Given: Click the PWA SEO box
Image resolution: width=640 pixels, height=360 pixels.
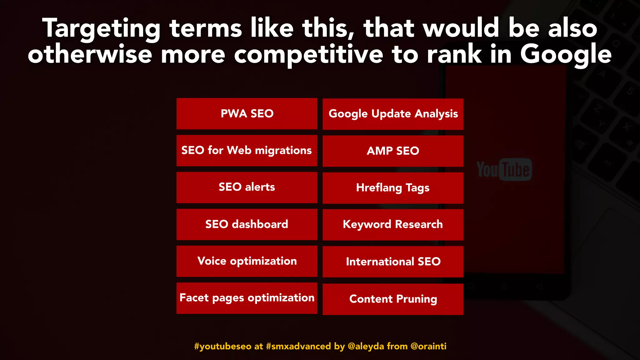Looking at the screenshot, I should pos(247,114).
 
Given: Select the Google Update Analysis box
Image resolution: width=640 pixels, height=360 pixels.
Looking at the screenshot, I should pos(393,114).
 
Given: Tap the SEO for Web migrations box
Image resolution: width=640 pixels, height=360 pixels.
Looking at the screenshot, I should pos(247,151).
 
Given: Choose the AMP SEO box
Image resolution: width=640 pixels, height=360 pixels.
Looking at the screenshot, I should pos(393,151).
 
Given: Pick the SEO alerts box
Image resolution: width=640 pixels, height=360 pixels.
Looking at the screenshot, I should pos(247,187).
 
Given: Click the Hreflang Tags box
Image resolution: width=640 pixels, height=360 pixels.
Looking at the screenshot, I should pos(393,188).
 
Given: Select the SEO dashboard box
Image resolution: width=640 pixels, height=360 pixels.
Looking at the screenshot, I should pos(247,224).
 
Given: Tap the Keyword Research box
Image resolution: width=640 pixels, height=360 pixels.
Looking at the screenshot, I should pos(393,225).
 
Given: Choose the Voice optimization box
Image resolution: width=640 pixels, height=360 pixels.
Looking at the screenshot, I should pos(247,261).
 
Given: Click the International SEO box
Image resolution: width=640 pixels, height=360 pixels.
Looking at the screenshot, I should pos(393,262).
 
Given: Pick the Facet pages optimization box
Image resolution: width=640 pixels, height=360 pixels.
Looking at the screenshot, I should pos(247,298).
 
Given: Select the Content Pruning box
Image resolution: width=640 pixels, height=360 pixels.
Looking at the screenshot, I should pos(393,299).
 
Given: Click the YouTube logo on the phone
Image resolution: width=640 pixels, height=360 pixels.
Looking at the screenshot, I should pos(504,170).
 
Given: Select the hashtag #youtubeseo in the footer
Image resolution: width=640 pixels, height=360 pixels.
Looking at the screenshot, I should pos(222,346).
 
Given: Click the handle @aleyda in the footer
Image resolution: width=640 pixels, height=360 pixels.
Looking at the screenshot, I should pos(366,346).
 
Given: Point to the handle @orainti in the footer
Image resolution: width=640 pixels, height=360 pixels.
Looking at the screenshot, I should pos(428,346).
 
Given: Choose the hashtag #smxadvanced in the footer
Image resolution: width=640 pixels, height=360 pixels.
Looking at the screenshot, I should pos(298,346).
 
